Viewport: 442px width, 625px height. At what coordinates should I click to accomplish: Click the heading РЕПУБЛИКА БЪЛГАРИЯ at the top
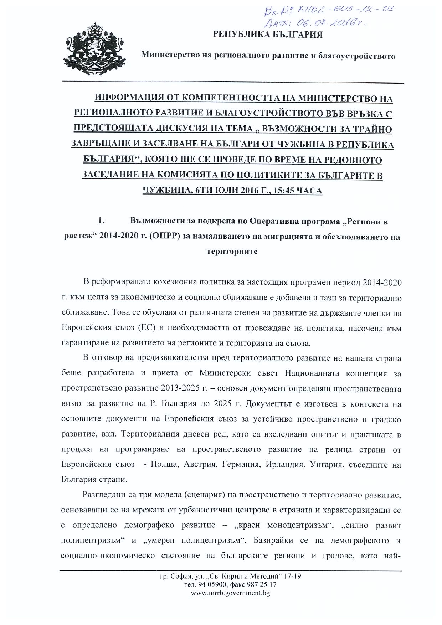268,35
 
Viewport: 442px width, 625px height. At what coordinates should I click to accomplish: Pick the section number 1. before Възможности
101,221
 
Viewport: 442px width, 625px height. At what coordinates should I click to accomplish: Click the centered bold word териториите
232,251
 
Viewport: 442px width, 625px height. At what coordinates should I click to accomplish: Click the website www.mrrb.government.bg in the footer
230,593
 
